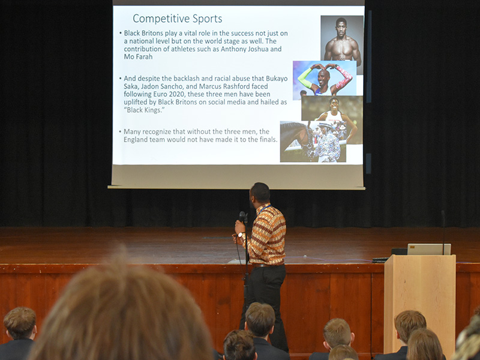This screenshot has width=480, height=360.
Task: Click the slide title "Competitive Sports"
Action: coord(177,19)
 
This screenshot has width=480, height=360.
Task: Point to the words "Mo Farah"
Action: coord(138,56)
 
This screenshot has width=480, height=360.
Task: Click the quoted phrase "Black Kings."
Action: coord(144,110)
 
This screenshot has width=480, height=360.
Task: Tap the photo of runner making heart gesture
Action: coord(325,79)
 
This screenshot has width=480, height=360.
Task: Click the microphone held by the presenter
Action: coord(242,217)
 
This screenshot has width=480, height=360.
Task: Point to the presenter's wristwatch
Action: coord(241,235)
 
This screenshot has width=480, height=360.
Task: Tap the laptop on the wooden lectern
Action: coord(429,249)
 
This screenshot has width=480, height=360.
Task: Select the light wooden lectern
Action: coord(419,303)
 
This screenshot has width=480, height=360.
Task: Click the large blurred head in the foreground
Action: coord(122,309)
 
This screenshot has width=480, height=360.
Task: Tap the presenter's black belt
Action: coord(266,265)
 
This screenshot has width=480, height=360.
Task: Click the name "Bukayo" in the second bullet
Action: coord(277,79)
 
